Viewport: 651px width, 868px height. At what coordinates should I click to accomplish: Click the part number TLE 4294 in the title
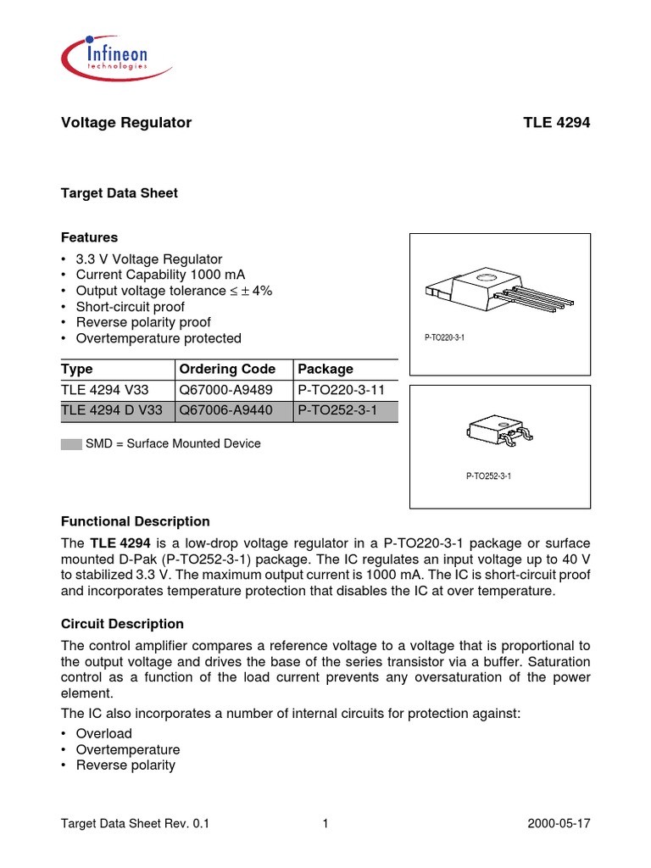tap(556, 123)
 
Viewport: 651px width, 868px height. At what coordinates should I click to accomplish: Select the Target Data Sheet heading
tap(120, 193)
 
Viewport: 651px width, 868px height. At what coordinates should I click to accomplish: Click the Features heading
tap(89, 237)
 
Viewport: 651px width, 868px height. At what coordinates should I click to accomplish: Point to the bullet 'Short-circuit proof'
tap(130, 307)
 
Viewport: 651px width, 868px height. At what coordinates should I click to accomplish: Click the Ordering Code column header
tap(227, 370)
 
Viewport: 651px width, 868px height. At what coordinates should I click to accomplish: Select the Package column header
tap(325, 370)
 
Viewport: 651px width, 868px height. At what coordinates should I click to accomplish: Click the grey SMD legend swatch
tap(71, 444)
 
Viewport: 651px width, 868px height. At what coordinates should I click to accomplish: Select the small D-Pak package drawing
tap(498, 431)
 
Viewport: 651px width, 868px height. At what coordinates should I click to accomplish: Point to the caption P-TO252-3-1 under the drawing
tap(488, 476)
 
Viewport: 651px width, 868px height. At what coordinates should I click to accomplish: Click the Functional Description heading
tap(136, 521)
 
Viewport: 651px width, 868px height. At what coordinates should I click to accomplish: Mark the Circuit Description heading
tap(122, 624)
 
